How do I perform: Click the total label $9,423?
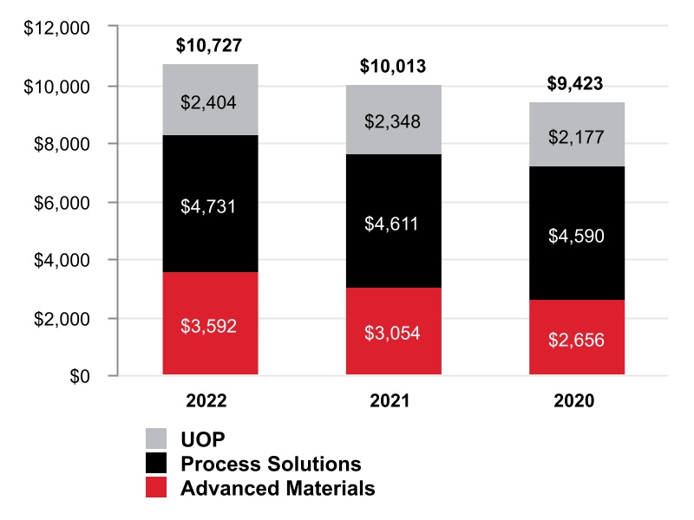577,84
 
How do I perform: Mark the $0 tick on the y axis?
79,376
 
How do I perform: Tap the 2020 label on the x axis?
577,402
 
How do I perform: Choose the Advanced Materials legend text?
278,488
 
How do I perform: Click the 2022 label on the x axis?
209,402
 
